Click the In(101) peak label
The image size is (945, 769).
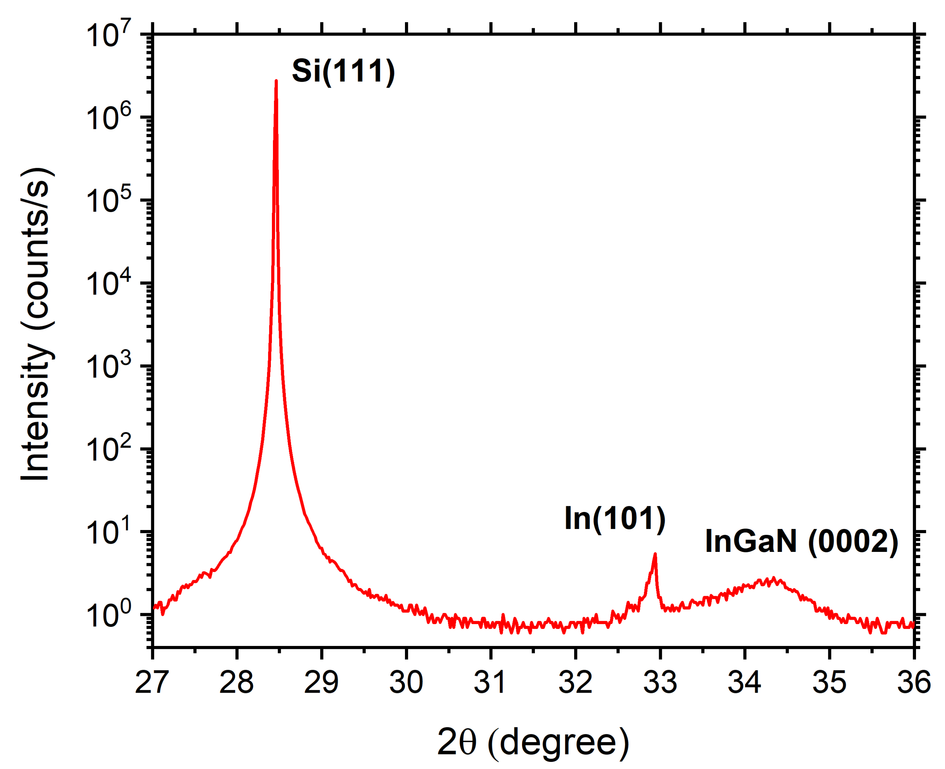(x=614, y=518)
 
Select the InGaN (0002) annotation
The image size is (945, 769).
(x=801, y=541)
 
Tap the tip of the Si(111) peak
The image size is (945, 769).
(x=276, y=81)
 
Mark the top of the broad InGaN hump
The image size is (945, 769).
(x=773, y=578)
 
